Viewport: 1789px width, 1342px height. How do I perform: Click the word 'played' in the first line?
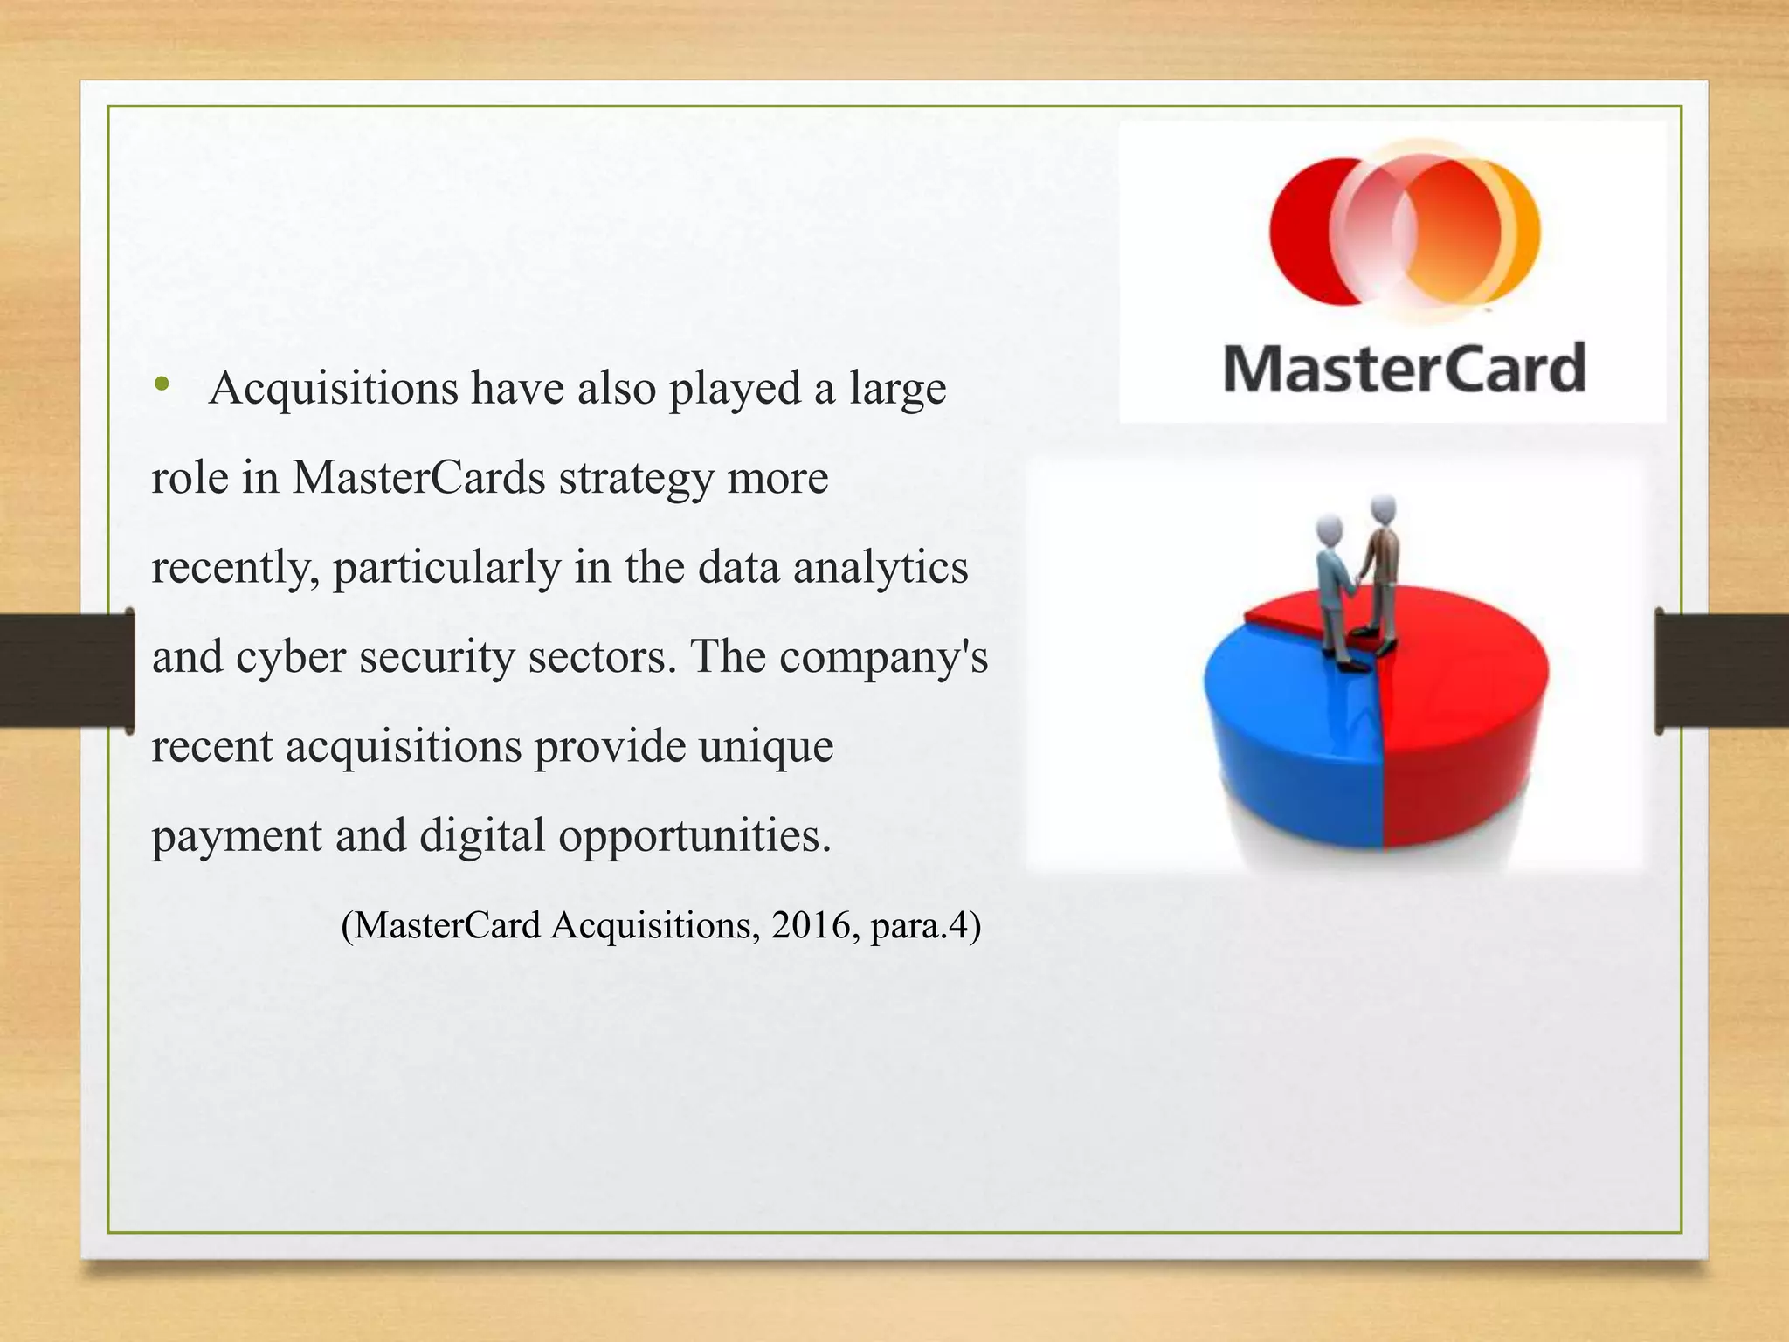[x=735, y=389]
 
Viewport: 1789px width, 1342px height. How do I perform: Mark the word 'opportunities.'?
[x=694, y=836]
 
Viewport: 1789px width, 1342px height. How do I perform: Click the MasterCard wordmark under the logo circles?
[x=1404, y=368]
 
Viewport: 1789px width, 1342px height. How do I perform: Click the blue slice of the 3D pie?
[x=1284, y=743]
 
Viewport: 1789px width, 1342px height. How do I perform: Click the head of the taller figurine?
[x=1383, y=508]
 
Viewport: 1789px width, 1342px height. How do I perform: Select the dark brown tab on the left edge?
[x=66, y=670]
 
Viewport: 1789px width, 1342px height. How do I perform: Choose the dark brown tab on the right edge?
[x=1722, y=670]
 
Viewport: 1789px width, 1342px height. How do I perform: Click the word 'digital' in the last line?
[x=482, y=836]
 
